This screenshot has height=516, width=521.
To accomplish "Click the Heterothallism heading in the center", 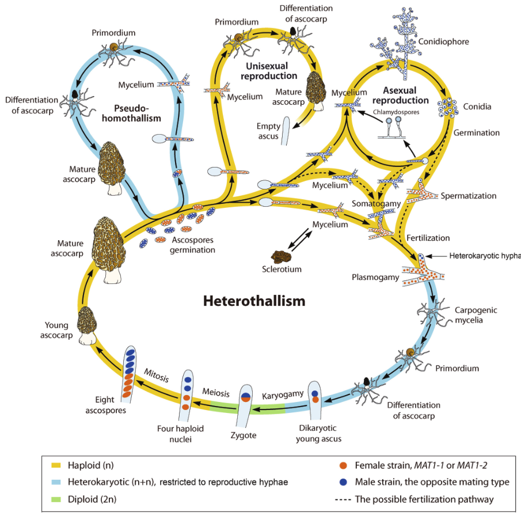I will click(x=254, y=301).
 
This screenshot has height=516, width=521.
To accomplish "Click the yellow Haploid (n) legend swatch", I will click(x=56, y=465).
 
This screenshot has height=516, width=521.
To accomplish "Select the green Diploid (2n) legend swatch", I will click(x=56, y=499).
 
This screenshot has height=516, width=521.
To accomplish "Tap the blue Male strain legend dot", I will click(x=343, y=482).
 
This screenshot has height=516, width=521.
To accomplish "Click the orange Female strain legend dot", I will click(x=343, y=465).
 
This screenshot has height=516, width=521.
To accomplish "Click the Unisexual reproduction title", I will click(x=269, y=71).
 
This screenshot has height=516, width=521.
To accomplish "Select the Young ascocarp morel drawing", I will click(x=88, y=325).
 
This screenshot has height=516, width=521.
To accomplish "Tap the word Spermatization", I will click(x=469, y=196).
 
